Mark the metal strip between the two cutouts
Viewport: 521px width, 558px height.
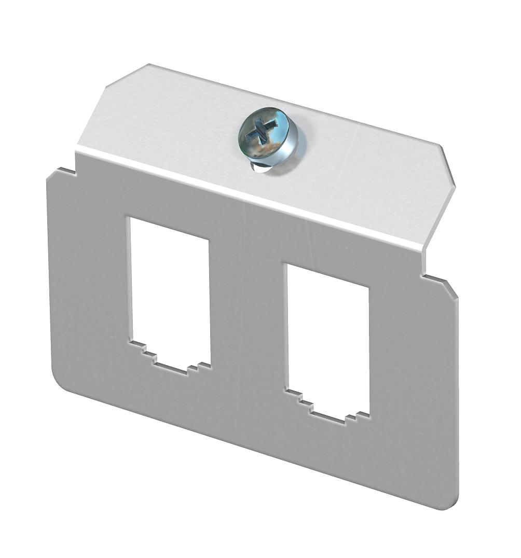tap(248, 311)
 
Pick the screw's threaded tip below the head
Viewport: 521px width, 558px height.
tap(261, 167)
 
